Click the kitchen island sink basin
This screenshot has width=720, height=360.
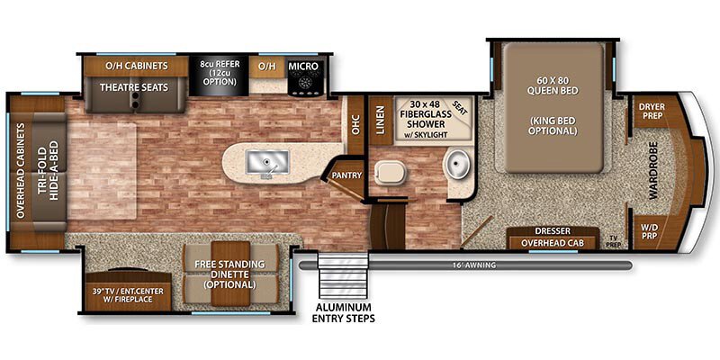[267, 163]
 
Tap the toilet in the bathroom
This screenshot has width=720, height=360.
[390, 175]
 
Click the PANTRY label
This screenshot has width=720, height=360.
[347, 175]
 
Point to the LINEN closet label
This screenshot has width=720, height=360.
[381, 120]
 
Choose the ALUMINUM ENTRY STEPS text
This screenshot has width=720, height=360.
[344, 312]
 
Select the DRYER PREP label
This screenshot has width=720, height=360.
[651, 111]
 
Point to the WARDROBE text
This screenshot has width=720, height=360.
[654, 170]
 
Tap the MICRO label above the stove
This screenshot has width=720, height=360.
[303, 66]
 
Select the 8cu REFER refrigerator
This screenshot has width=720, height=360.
[219, 76]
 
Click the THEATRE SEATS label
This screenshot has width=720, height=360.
[134, 86]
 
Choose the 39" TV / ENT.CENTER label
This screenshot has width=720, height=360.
[128, 295]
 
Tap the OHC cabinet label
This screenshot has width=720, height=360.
[355, 124]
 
